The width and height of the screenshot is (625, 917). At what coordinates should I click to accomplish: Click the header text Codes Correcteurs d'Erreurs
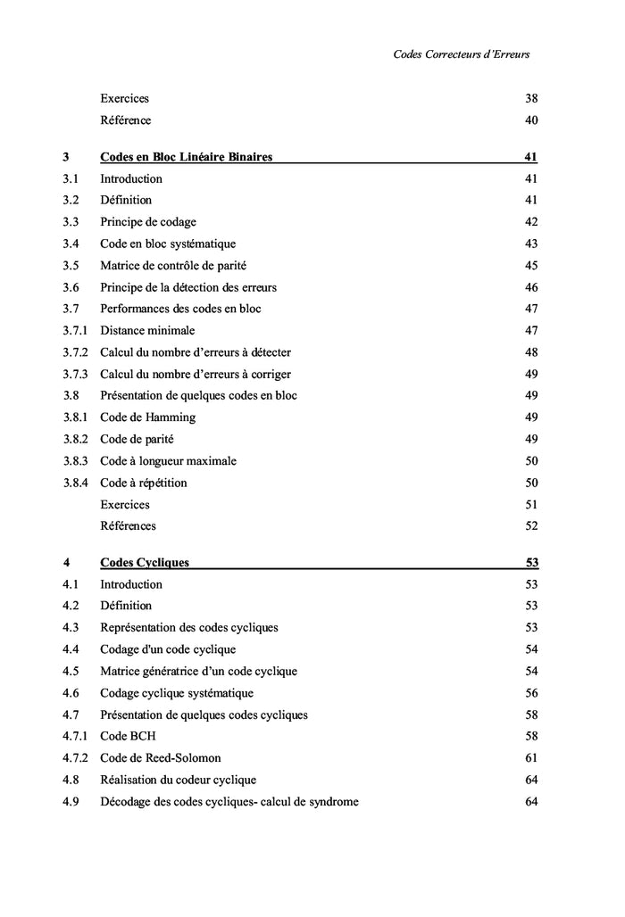click(x=461, y=54)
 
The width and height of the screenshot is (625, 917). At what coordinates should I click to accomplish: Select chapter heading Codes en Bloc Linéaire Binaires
click(x=186, y=157)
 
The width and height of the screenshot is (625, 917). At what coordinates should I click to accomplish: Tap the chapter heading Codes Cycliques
click(x=144, y=563)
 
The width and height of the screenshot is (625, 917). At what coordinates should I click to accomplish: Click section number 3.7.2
click(x=75, y=352)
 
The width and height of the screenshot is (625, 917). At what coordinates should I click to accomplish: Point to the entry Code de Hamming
click(x=147, y=417)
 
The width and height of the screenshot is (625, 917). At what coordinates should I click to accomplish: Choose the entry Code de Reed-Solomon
click(x=160, y=758)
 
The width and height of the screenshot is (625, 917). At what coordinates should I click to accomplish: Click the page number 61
click(x=531, y=758)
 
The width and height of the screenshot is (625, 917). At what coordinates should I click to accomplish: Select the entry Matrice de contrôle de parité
click(x=173, y=266)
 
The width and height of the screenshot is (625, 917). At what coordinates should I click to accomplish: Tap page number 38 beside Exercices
click(x=531, y=99)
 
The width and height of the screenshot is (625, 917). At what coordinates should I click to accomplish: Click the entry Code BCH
click(x=128, y=737)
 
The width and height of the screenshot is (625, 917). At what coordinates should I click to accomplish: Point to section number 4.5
click(x=71, y=672)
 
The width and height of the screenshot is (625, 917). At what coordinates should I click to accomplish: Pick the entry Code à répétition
click(x=144, y=483)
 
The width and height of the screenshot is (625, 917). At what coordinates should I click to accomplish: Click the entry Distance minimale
click(x=147, y=331)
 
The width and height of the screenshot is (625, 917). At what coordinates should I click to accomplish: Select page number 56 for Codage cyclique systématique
click(x=531, y=693)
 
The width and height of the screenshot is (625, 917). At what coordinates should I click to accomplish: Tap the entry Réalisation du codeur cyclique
click(x=178, y=781)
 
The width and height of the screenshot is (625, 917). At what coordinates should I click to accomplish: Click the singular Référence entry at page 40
click(x=125, y=120)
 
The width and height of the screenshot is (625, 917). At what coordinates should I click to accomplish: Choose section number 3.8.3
click(x=75, y=461)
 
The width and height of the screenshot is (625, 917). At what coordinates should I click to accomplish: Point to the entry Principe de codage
click(x=148, y=222)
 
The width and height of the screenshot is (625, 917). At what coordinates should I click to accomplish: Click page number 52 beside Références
click(x=531, y=526)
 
